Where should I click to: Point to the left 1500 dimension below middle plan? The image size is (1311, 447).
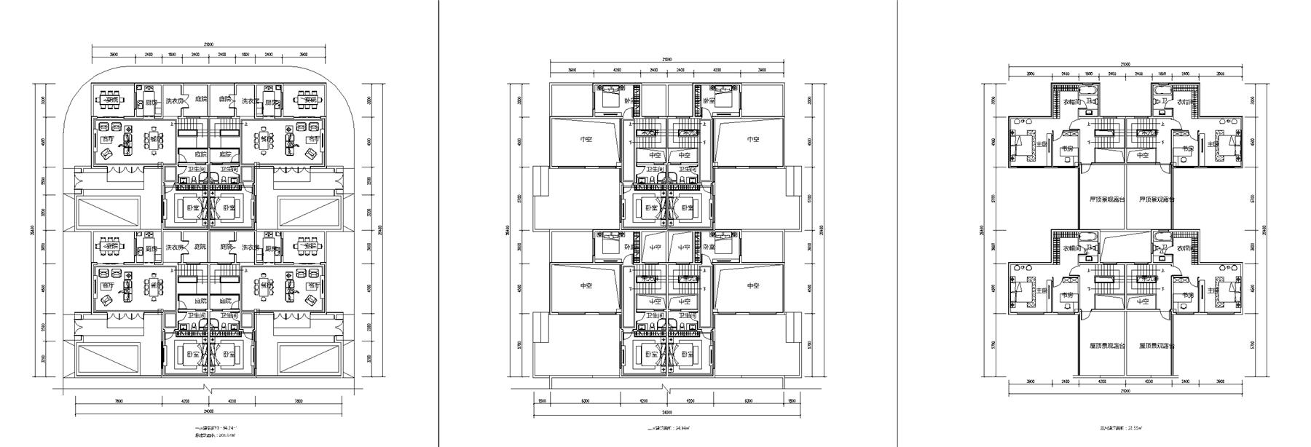[542, 400]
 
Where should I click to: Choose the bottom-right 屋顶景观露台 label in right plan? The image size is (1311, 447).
[1151, 346]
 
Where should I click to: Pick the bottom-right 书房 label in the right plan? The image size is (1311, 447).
[1187, 295]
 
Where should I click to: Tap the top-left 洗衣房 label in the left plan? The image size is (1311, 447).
[173, 101]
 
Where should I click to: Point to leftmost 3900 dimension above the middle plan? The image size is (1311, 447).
[572, 71]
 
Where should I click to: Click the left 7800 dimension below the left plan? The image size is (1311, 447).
[118, 400]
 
